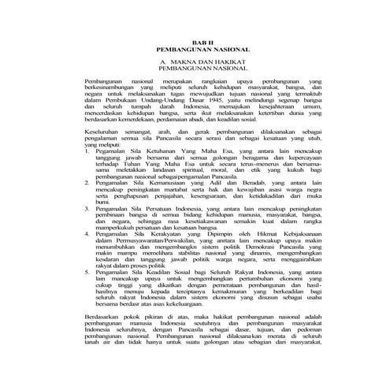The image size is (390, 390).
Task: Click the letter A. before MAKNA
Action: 162,59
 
